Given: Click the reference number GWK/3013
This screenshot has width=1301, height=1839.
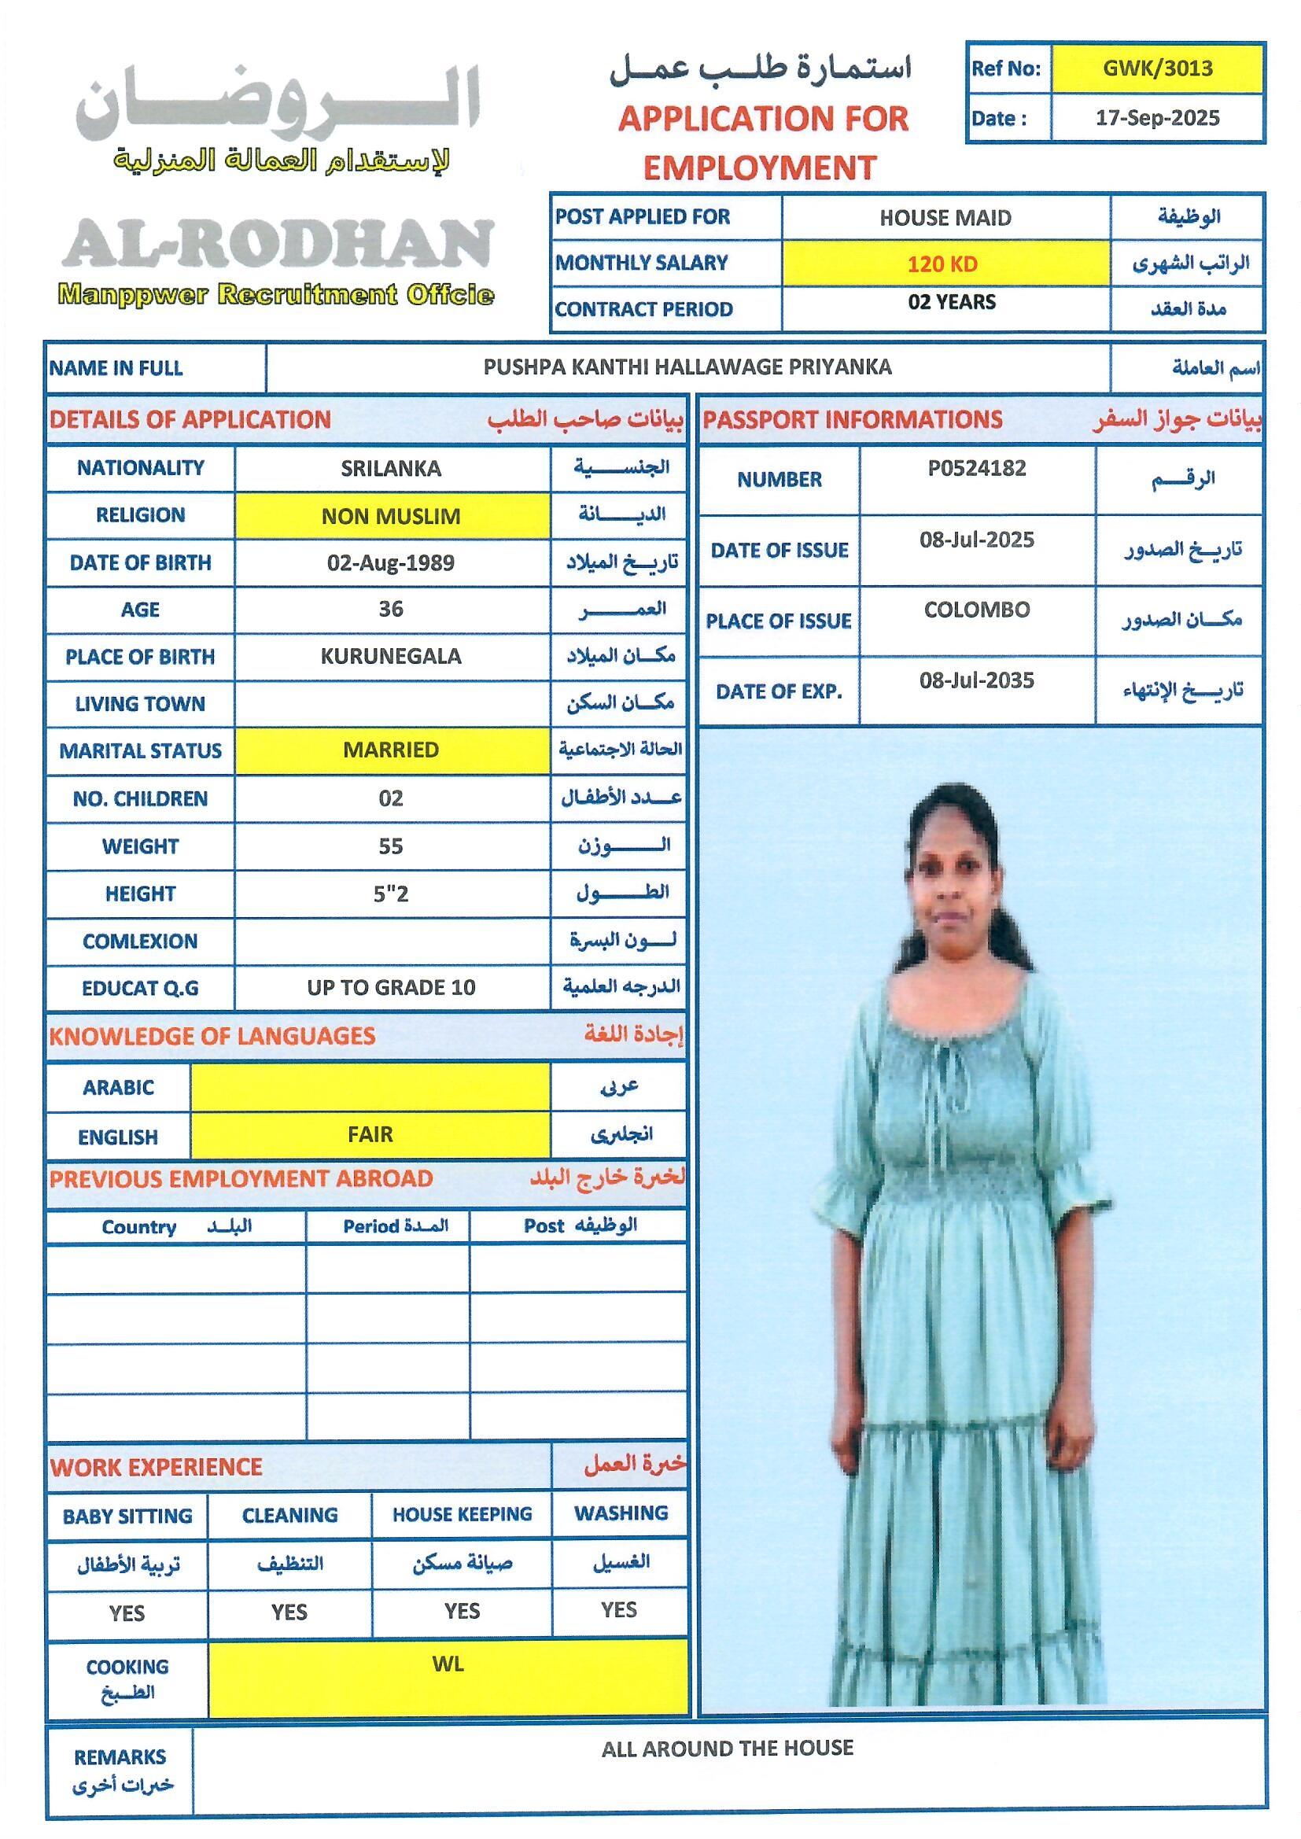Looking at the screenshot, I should (x=1157, y=68).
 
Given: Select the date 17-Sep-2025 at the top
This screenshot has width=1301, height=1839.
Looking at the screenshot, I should (x=1157, y=119).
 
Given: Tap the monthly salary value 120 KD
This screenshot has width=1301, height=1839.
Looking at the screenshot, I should (x=942, y=264).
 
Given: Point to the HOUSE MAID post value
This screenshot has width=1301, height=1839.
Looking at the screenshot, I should (x=945, y=218).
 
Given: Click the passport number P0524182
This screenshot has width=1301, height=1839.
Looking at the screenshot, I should (x=977, y=469).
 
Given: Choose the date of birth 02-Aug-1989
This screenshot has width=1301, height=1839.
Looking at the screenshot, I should (x=390, y=563).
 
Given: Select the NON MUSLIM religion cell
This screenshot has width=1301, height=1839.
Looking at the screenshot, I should (x=391, y=516).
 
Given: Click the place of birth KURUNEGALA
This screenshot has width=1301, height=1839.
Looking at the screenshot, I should (x=391, y=657).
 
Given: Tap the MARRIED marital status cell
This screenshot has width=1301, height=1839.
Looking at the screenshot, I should (x=391, y=750).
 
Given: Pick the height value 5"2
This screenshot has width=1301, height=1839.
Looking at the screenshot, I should (x=391, y=894).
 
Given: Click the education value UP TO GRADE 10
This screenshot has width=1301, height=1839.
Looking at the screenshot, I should (x=391, y=988).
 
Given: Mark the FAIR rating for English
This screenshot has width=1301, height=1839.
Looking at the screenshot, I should (x=370, y=1134).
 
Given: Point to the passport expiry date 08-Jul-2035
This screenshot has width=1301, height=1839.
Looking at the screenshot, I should (x=977, y=681).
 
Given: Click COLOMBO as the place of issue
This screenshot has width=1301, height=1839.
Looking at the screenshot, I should (x=977, y=610).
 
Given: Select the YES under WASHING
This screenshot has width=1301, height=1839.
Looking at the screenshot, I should (x=618, y=1610).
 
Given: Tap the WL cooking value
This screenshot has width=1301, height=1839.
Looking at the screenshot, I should (x=448, y=1664).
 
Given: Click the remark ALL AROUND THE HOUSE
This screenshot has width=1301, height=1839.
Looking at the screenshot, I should (x=728, y=1749).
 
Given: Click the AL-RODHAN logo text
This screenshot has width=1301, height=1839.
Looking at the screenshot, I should (x=277, y=245).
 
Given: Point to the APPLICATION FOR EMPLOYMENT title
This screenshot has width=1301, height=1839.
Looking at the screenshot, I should (x=763, y=142).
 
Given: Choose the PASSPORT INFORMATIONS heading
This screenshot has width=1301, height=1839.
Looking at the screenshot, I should (x=853, y=420).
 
